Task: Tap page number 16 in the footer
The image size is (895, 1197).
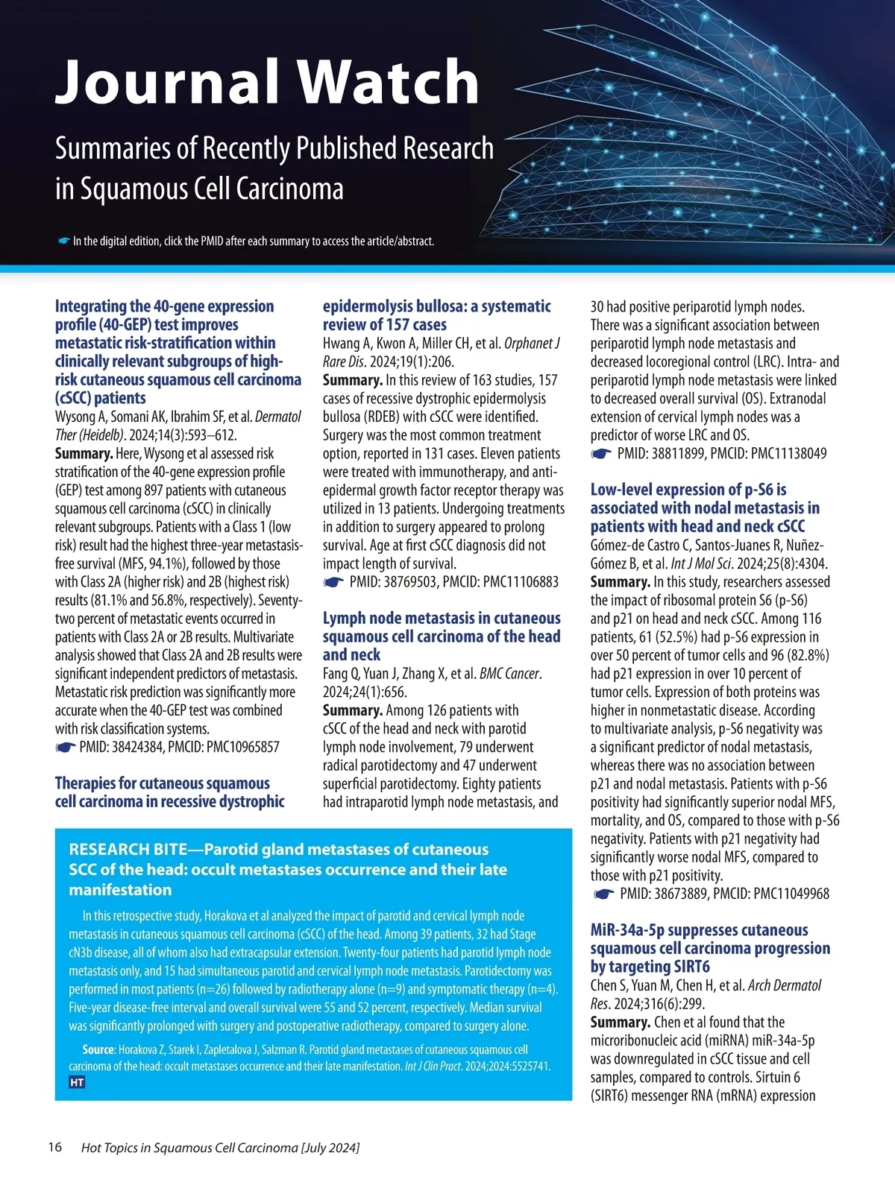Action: [x=55, y=1147]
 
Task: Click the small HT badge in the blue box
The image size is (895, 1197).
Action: [x=77, y=1082]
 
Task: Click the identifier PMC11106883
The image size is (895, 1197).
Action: [x=521, y=582]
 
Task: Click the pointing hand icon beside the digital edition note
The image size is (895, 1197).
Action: [x=63, y=241]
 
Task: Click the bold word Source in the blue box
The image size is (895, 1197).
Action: [x=98, y=1049]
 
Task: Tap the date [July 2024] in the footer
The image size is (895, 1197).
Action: [x=330, y=1148]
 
